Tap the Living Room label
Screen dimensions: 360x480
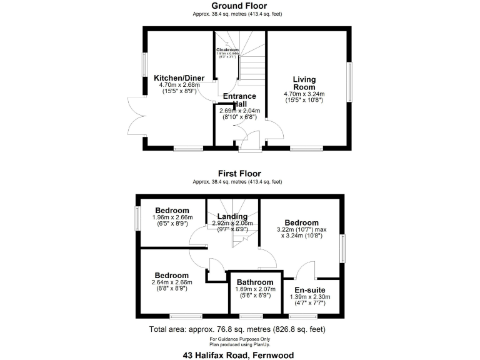304,84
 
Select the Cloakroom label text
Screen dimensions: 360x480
227,49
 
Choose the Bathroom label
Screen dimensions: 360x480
254,282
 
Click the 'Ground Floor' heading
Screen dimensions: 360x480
239,6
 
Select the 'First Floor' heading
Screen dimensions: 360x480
239,174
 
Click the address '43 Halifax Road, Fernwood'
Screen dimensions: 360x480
239,355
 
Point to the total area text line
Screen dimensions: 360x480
237,329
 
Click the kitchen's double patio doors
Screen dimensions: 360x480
136,117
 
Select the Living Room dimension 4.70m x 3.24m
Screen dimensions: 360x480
304,94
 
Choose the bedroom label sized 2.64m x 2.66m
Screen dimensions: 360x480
172,276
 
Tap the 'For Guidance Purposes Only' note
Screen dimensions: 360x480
239,338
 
